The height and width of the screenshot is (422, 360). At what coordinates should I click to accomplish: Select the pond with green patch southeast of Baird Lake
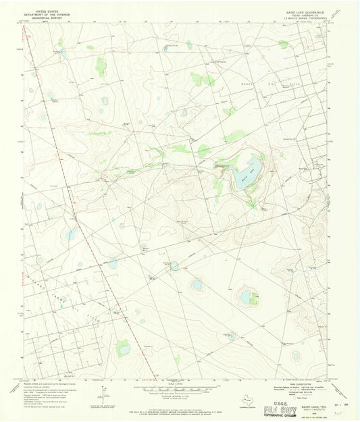(247, 296)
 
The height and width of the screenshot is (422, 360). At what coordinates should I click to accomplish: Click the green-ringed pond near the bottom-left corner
(122, 348)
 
